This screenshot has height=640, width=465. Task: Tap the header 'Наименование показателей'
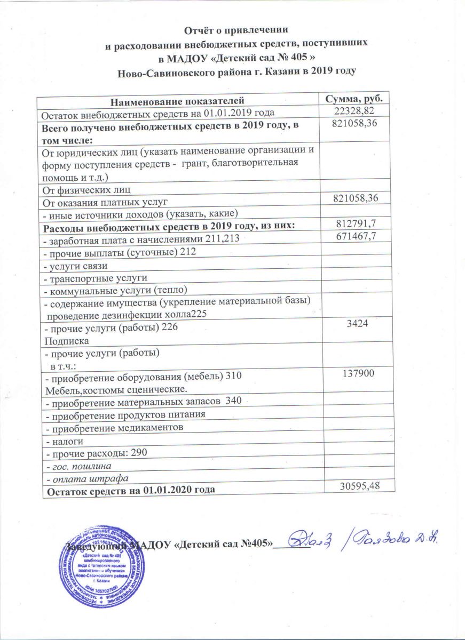click(x=178, y=100)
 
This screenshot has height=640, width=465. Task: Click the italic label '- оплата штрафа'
click(x=85, y=478)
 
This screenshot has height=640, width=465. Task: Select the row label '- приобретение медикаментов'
click(x=114, y=428)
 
